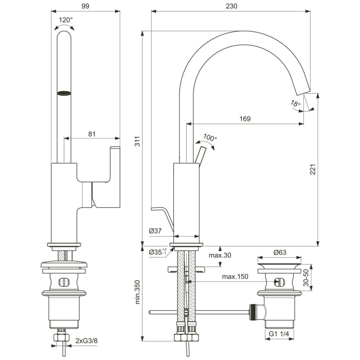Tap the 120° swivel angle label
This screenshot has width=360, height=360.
click(x=66, y=20)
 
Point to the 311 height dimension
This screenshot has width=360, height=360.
click(x=137, y=145)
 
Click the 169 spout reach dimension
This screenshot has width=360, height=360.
click(x=245, y=119)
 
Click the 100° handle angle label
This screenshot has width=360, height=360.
click(x=210, y=138)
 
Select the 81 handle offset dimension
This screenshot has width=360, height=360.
click(x=92, y=134)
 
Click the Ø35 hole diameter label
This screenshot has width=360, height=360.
click(x=157, y=252)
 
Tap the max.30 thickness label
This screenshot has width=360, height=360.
click(x=220, y=256)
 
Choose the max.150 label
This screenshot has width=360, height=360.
click(x=235, y=277)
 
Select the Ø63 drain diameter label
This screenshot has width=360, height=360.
click(x=280, y=252)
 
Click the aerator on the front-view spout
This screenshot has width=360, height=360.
click(x=64, y=93)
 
